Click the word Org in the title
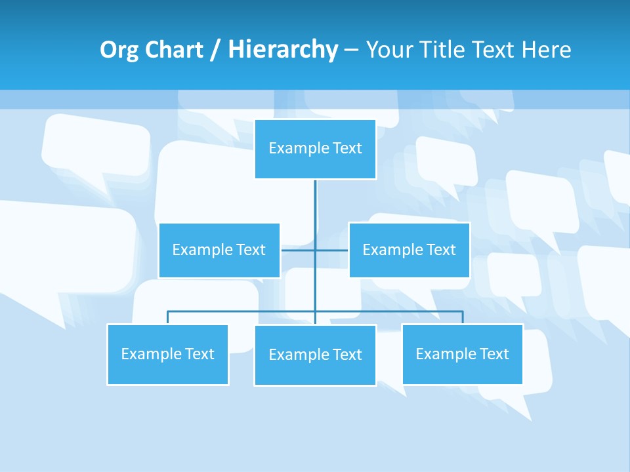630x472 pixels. pyautogui.click(x=119, y=50)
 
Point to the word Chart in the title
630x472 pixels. pyautogui.click(x=173, y=50)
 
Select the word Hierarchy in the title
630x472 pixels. pyautogui.click(x=282, y=50)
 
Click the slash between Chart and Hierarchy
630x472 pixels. pyautogui.click(x=216, y=50)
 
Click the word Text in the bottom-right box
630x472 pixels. pyautogui.click(x=493, y=354)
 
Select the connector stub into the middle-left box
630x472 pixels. pyautogui.click(x=297, y=250)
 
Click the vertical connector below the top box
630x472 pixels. pyautogui.click(x=315, y=203)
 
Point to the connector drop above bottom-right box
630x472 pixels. pyautogui.click(x=462, y=317)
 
